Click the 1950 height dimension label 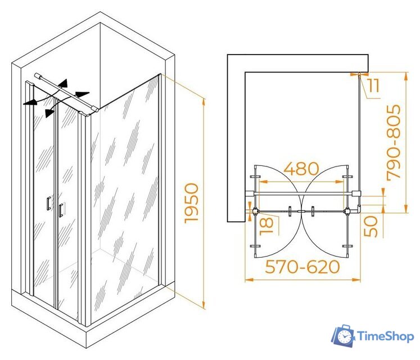[x=192, y=203]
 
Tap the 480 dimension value [x=301, y=169]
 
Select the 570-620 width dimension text [x=302, y=267]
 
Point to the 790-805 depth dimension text [x=394, y=142]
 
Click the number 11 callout [x=374, y=85]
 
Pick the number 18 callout [x=267, y=226]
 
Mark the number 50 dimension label [x=371, y=227]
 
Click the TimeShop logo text [x=386, y=336]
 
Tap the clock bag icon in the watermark [x=344, y=335]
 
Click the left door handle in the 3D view [x=48, y=204]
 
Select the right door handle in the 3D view [x=61, y=210]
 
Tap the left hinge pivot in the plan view [x=255, y=211]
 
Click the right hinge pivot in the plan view [x=347, y=211]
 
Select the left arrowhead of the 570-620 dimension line [x=249, y=280]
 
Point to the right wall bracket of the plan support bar [x=356, y=193]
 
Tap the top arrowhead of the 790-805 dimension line [x=407, y=76]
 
